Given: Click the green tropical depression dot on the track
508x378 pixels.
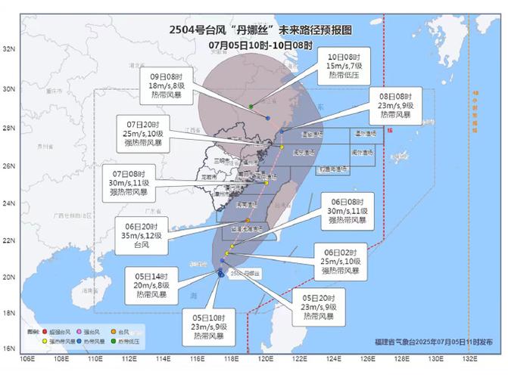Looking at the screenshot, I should [x=251, y=107].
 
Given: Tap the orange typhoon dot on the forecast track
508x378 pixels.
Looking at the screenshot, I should [x=248, y=220].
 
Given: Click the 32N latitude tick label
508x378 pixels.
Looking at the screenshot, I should [x=10, y=49].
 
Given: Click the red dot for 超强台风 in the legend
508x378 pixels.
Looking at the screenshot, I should [x=45, y=332].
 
